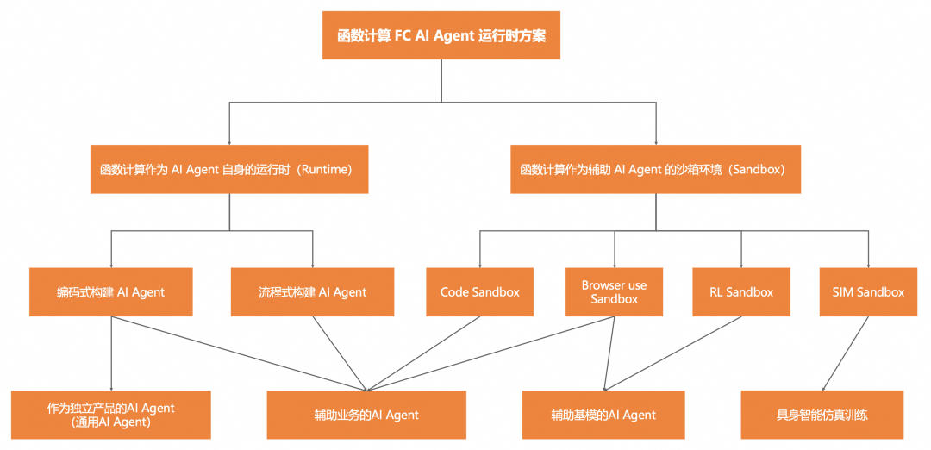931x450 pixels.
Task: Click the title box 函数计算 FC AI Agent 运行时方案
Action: click(x=441, y=35)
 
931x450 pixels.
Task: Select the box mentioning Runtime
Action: click(x=228, y=169)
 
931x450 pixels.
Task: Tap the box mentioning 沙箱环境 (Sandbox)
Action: click(x=655, y=169)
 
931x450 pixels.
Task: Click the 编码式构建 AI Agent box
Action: click(x=110, y=291)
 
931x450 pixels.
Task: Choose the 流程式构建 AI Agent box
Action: click(x=312, y=291)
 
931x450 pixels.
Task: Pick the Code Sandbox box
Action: click(x=479, y=291)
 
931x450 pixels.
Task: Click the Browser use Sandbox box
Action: click(x=614, y=291)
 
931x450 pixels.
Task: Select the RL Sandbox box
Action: click(x=740, y=291)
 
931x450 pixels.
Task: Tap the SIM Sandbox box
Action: click(x=868, y=291)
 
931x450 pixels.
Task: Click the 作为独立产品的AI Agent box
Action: click(x=110, y=415)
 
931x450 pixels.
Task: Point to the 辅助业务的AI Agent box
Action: click(x=366, y=415)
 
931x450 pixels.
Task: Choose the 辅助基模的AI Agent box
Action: click(x=603, y=415)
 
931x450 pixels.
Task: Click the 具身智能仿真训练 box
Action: click(x=822, y=415)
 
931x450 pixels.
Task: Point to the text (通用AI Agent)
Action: click(x=111, y=422)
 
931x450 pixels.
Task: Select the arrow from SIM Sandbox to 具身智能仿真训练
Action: click(x=845, y=353)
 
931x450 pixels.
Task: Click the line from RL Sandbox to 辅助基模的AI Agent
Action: click(x=672, y=353)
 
